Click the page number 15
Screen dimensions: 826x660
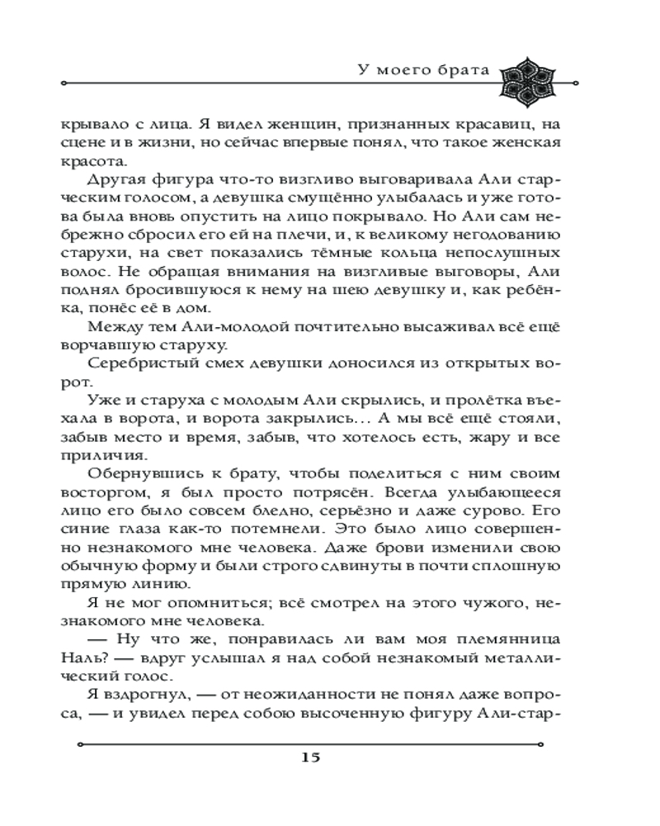click(330, 757)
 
